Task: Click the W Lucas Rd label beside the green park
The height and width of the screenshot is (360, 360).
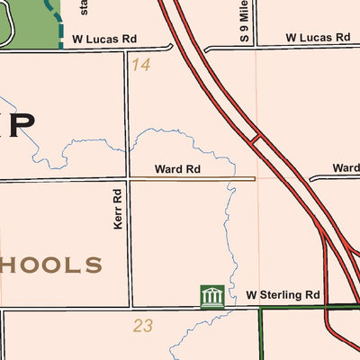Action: pyautogui.click(x=103, y=40)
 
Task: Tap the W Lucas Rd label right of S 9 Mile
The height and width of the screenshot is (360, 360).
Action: pyautogui.click(x=317, y=38)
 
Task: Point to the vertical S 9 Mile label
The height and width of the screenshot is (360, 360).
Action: pyautogui.click(x=244, y=22)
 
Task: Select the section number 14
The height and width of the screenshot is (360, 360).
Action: pyautogui.click(x=139, y=64)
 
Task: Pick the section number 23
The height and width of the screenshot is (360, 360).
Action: pyautogui.click(x=143, y=326)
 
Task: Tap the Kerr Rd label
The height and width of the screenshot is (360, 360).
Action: pyautogui.click(x=117, y=209)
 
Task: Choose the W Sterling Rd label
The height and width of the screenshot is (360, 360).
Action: pyautogui.click(x=283, y=295)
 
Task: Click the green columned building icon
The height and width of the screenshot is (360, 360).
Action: pyautogui.click(x=211, y=296)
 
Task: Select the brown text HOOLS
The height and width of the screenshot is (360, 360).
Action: pyautogui.click(x=52, y=265)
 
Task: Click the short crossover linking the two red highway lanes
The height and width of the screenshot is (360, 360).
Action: pyautogui.click(x=256, y=139)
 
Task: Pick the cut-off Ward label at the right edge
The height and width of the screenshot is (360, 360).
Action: pyautogui.click(x=346, y=168)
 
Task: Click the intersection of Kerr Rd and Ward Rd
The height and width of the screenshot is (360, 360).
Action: pyautogui.click(x=128, y=179)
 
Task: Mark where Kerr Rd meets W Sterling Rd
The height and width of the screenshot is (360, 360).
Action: pyautogui.click(x=131, y=308)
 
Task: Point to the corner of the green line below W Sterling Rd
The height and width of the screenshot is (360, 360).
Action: pyautogui.click(x=261, y=310)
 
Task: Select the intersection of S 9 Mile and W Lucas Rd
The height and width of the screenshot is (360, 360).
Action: pyautogui.click(x=256, y=47)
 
